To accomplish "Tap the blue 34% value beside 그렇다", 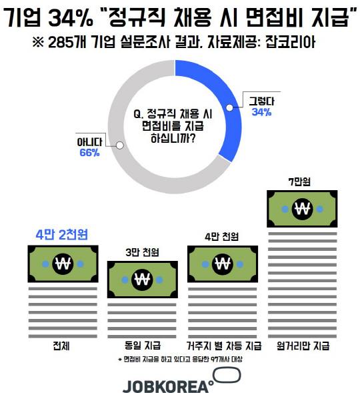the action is [261, 112].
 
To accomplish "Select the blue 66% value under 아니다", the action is [89, 153].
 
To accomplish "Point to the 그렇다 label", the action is [261, 101].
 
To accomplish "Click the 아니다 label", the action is [89, 142].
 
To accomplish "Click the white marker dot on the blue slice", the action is [229, 108].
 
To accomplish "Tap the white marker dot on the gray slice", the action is [120, 145].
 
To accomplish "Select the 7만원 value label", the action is [299, 181].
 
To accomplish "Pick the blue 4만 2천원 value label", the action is [62, 235].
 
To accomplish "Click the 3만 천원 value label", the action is [142, 252].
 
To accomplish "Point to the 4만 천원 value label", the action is [222, 236].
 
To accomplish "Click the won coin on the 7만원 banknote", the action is [302, 209].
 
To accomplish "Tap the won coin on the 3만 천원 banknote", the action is [142, 280].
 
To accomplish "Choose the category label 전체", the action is [61, 346].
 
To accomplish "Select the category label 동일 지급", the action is [143, 346].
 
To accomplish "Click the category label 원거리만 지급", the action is [303, 346].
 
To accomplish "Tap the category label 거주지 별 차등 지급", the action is [224, 346].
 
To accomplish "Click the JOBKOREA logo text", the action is [166, 386].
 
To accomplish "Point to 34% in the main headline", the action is [71, 17].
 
